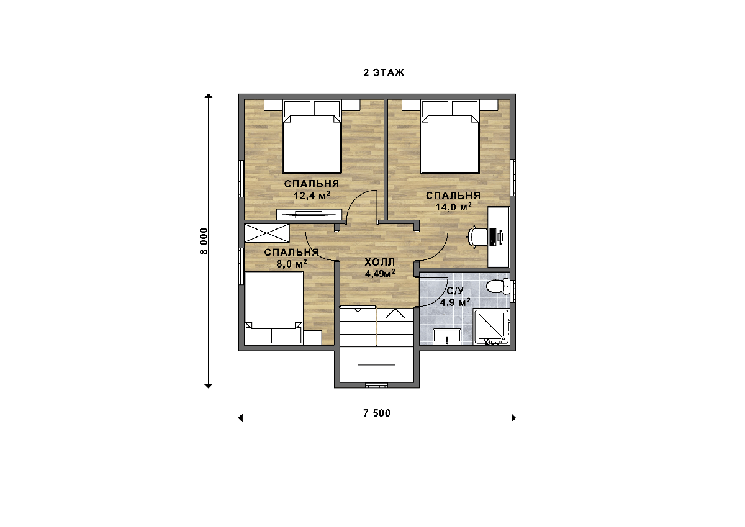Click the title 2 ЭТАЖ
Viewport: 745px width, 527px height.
click(384, 73)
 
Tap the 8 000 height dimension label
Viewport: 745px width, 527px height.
click(204, 241)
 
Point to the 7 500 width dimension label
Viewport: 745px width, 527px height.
click(377, 413)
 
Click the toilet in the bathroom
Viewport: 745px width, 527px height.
click(498, 286)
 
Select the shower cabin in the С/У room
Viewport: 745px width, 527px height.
click(492, 327)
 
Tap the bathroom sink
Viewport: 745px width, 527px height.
click(447, 337)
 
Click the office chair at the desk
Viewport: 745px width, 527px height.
click(477, 236)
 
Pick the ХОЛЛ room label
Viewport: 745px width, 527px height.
click(380, 263)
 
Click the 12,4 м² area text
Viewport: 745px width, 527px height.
click(312, 196)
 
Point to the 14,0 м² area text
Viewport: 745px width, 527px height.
click(454, 207)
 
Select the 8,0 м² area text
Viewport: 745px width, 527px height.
click(292, 264)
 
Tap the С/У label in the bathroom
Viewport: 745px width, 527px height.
click(455, 291)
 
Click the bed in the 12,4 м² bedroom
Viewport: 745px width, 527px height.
click(312, 137)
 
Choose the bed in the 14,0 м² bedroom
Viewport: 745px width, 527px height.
click(450, 137)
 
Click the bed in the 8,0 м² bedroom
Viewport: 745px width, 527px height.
click(273, 308)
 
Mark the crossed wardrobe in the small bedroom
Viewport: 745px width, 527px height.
click(267, 233)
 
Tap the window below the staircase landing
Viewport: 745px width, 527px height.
click(376, 385)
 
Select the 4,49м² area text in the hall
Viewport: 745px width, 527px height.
click(380, 274)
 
